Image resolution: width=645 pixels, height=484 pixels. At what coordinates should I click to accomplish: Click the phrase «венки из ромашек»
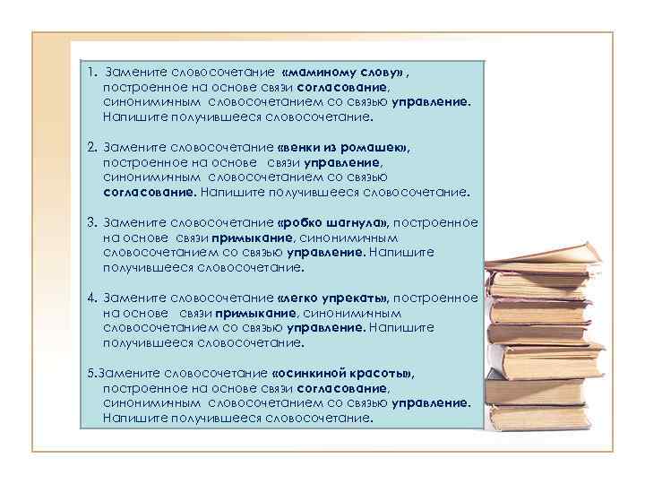[x=344, y=147]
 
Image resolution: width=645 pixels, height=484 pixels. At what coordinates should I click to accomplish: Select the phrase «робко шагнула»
[x=333, y=222]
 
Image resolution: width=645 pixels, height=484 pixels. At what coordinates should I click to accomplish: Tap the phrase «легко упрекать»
[x=333, y=298]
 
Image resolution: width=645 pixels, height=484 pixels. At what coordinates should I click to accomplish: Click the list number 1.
[x=92, y=72]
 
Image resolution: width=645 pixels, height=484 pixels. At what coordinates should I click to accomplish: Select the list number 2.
[x=92, y=147]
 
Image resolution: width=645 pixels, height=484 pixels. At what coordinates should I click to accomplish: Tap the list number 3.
[x=92, y=222]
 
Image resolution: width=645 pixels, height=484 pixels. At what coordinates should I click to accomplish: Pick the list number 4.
[x=92, y=298]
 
